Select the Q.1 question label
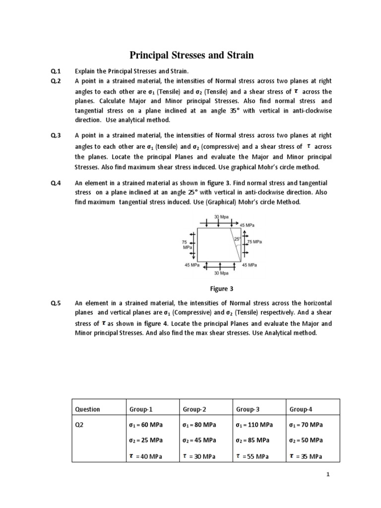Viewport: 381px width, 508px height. pos(55,71)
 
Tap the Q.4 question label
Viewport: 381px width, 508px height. pos(55,184)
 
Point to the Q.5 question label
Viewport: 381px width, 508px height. pos(55,303)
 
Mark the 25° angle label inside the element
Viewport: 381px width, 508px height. pos(237,239)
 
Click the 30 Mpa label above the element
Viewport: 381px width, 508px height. pos(221,217)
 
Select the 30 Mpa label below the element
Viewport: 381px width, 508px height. pos(221,273)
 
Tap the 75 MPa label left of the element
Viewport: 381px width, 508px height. pos(188,244)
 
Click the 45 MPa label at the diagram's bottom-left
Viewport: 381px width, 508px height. pos(192,265)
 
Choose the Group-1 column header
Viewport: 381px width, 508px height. pos(141,409)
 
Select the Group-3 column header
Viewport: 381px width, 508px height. pos(248,409)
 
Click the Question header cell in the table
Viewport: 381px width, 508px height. pos(87,409)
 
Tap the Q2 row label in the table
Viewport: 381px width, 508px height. pos(79,425)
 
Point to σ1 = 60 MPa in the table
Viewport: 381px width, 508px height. pos(146,425)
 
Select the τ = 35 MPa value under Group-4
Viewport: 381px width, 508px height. pos(306,456)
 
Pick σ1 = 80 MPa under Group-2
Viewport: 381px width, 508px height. pos(199,425)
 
